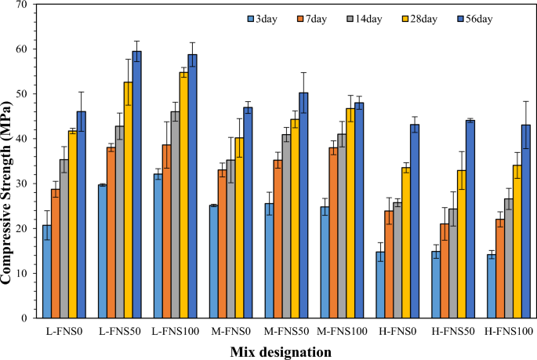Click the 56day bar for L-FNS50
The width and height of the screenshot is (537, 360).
coord(136,185)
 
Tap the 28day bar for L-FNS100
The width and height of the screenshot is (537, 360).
coord(184,195)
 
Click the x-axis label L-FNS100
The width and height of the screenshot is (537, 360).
coord(171,333)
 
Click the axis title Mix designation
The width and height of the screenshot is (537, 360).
coord(281,351)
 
